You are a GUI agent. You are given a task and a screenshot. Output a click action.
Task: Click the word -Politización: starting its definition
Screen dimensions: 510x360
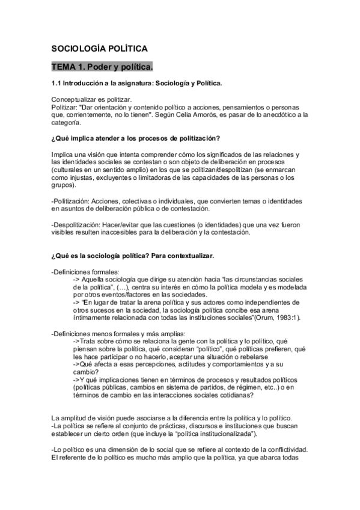coord(72,200)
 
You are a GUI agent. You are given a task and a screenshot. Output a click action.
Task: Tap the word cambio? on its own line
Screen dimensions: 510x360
coord(87,372)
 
